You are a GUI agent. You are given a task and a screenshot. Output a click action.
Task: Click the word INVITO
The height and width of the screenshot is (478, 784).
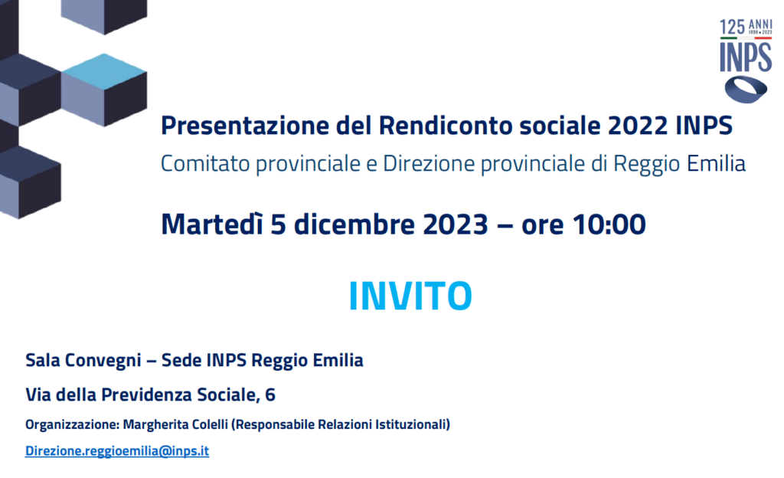(x=410, y=296)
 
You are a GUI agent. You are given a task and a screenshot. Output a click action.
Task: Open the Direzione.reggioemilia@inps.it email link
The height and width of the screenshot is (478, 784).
(x=117, y=450)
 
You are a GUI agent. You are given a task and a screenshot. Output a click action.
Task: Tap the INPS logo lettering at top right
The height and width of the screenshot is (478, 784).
(x=746, y=57)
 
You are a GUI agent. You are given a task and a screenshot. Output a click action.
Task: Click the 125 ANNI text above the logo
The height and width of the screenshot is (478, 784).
(x=746, y=27)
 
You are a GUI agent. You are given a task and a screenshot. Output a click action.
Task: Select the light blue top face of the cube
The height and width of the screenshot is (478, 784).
(x=104, y=71)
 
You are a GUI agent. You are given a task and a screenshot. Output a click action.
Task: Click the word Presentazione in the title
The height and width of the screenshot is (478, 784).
(x=245, y=126)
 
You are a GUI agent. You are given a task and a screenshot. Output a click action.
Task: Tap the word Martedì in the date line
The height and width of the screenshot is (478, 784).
(x=211, y=224)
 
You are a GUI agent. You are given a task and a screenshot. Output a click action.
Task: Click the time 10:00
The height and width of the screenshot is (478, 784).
(x=609, y=224)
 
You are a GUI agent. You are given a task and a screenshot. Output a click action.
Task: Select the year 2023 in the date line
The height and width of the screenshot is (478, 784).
(x=455, y=224)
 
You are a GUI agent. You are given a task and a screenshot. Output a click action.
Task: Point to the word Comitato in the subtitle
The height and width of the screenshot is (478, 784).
(x=205, y=163)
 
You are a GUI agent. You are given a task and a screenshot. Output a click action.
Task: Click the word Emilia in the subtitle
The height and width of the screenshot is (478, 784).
(x=716, y=163)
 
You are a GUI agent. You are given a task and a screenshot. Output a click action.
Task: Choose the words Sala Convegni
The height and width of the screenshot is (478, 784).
(x=83, y=361)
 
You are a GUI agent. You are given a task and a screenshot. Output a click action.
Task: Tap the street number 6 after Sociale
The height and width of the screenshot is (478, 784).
(x=270, y=395)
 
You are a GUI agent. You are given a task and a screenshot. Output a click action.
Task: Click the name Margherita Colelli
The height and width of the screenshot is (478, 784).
(x=175, y=424)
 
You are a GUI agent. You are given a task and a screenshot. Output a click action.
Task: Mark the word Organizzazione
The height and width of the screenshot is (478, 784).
(x=71, y=425)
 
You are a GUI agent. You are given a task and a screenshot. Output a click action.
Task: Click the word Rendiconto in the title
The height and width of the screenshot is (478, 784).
(x=446, y=126)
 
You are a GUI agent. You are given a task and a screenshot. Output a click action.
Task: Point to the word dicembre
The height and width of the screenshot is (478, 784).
(x=354, y=224)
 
